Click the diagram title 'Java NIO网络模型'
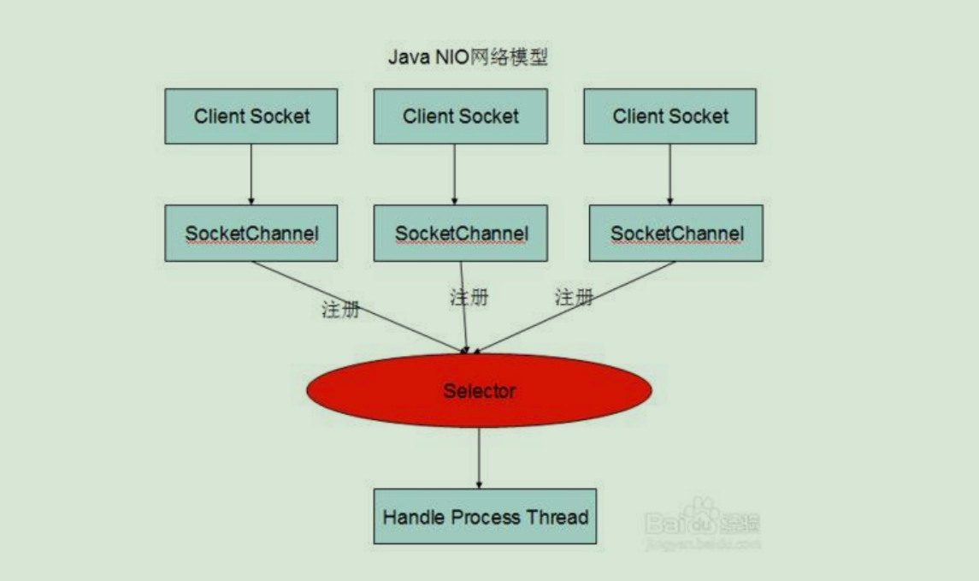click(468, 58)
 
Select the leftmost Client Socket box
click(251, 116)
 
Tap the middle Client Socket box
click(460, 116)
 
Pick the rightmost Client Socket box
click(669, 116)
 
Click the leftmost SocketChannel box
click(251, 233)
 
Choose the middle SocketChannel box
click(461, 233)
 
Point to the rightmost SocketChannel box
click(676, 233)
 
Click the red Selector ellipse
click(479, 391)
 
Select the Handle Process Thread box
click(485, 516)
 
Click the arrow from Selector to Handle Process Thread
click(479, 458)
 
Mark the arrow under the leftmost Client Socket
click(251, 174)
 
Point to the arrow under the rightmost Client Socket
click(669, 174)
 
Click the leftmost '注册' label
click(339, 310)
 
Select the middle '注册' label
click(469, 298)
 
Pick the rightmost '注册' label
click(574, 298)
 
